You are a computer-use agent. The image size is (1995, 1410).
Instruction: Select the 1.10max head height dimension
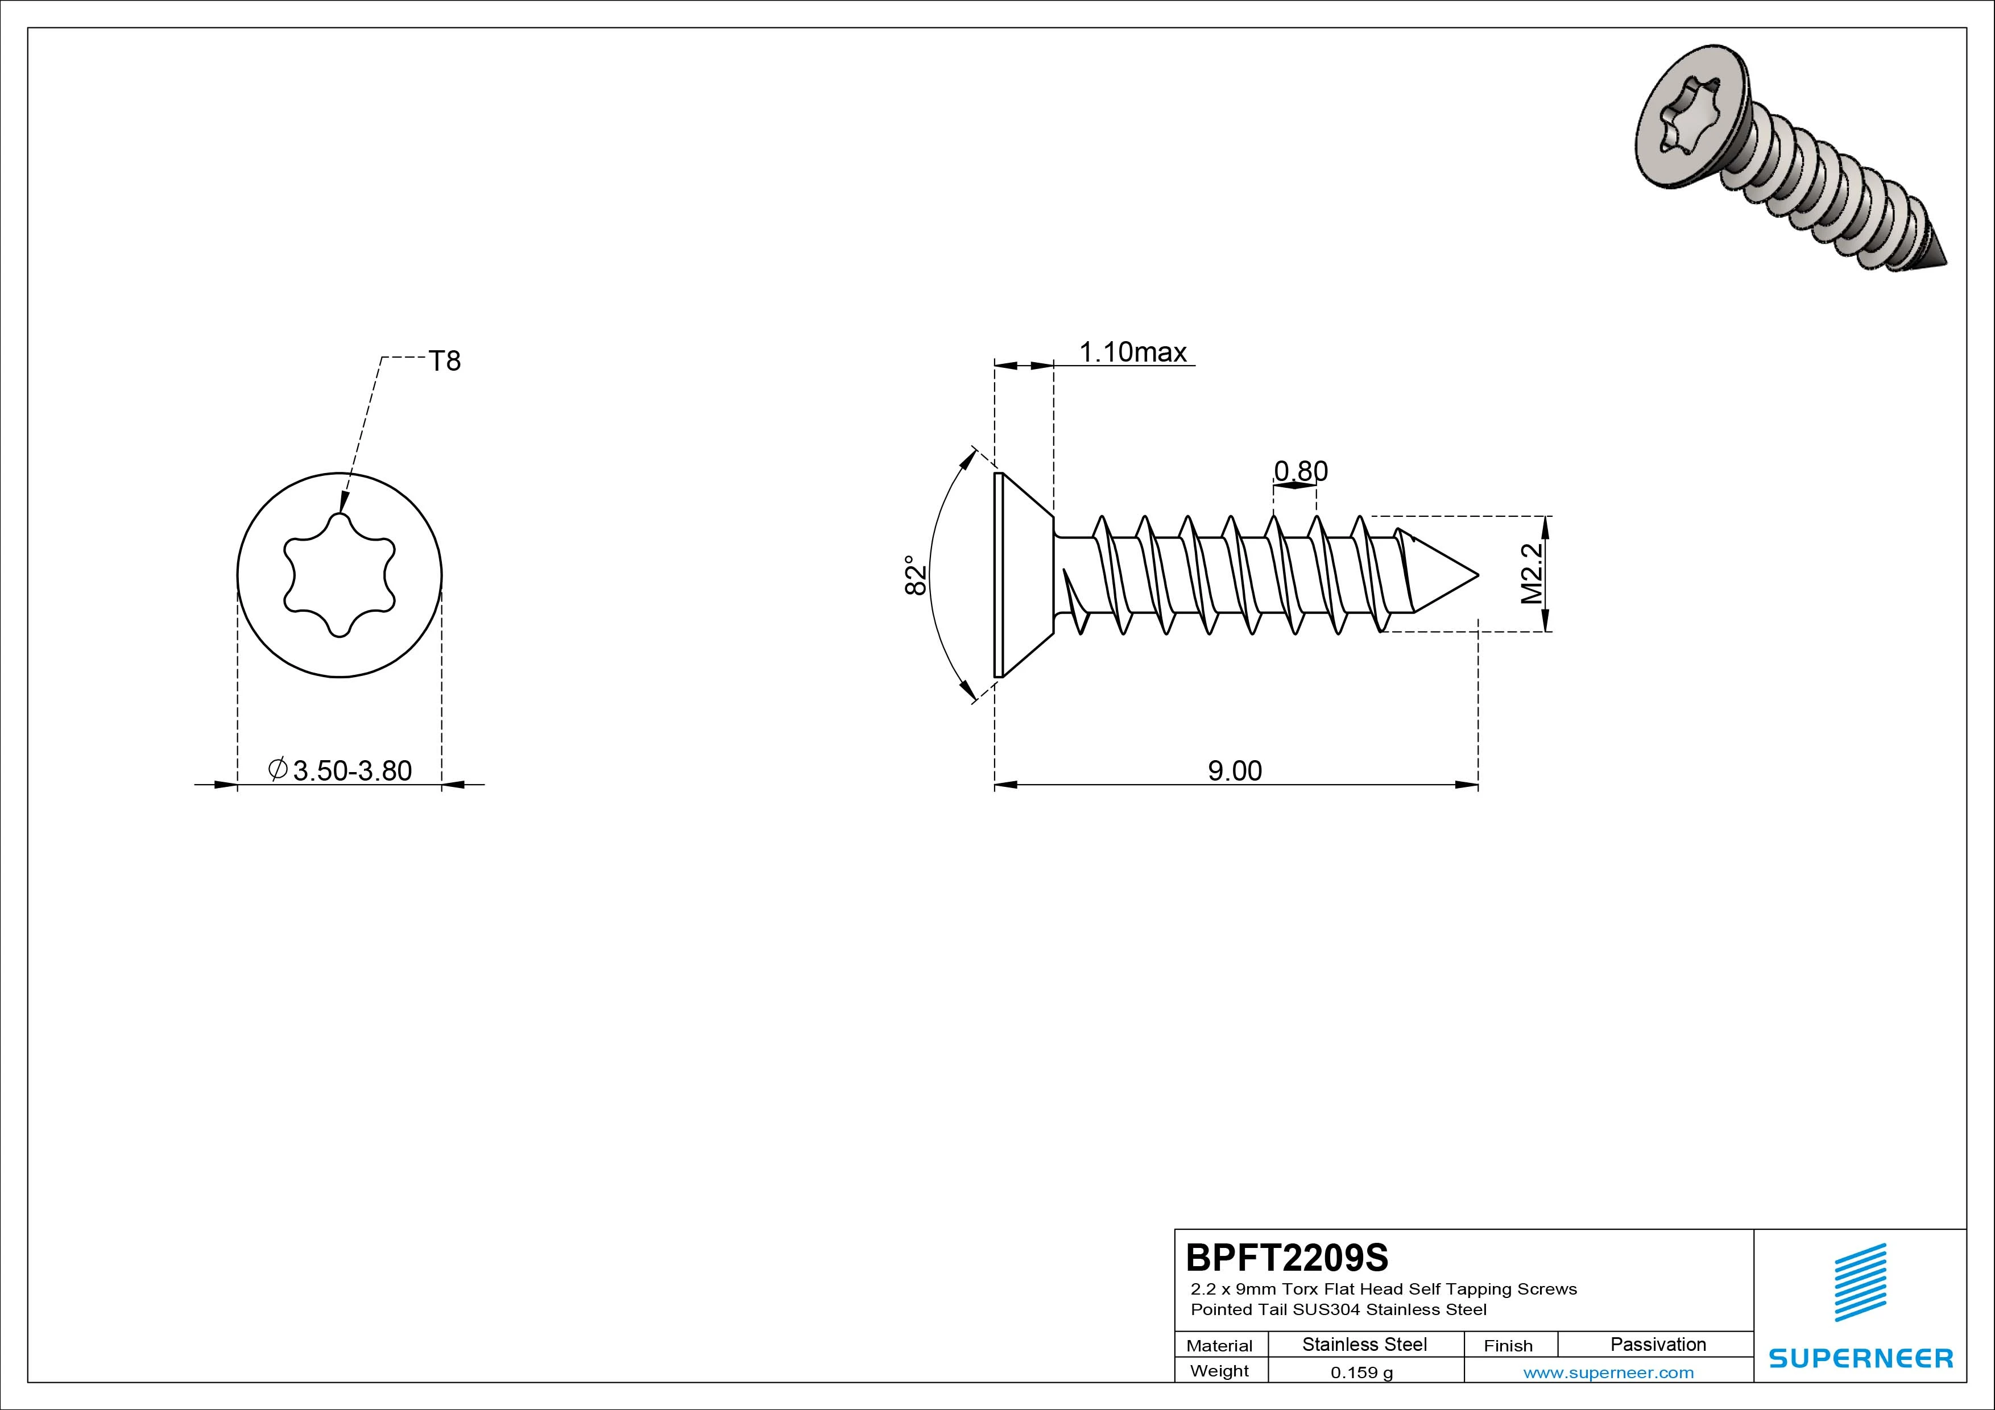click(x=1133, y=352)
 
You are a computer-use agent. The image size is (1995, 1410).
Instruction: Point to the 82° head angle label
click(x=916, y=575)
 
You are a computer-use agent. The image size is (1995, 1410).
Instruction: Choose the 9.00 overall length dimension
click(x=1235, y=770)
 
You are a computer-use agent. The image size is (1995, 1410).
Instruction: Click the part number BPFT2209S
click(x=1288, y=1257)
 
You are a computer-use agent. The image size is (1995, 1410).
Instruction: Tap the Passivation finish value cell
click(x=1658, y=1344)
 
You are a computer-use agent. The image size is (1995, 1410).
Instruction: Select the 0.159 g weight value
click(x=1361, y=1372)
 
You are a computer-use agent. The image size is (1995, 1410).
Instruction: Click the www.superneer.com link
click(x=1608, y=1372)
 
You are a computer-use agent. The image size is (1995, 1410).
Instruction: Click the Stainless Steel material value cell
click(x=1364, y=1344)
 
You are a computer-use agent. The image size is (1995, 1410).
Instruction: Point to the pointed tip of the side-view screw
click(x=1478, y=575)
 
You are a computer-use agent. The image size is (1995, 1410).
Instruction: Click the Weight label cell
click(x=1219, y=1371)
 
